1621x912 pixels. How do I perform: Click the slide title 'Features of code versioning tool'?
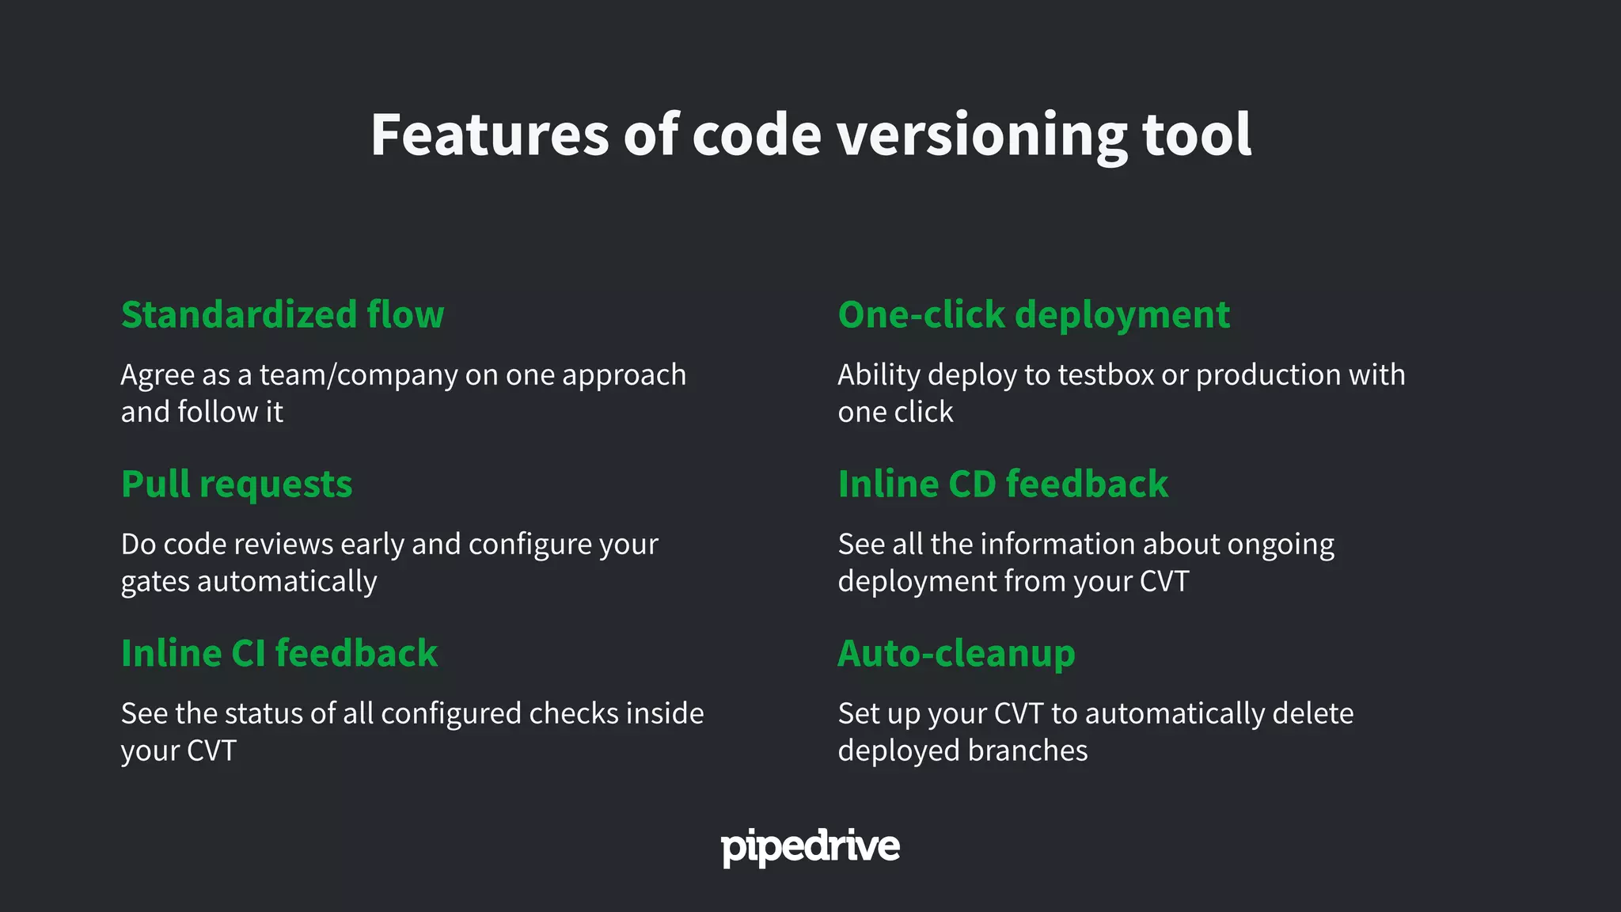point(810,135)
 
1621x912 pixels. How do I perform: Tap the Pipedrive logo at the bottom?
point(810,847)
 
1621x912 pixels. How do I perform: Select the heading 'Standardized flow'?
point(283,315)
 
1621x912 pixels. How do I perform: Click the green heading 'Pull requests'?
point(237,484)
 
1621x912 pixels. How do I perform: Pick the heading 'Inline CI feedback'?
point(279,654)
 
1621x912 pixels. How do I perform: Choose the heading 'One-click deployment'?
point(1034,315)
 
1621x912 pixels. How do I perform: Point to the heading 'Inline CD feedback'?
point(1003,484)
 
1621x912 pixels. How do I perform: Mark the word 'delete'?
point(1312,714)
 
